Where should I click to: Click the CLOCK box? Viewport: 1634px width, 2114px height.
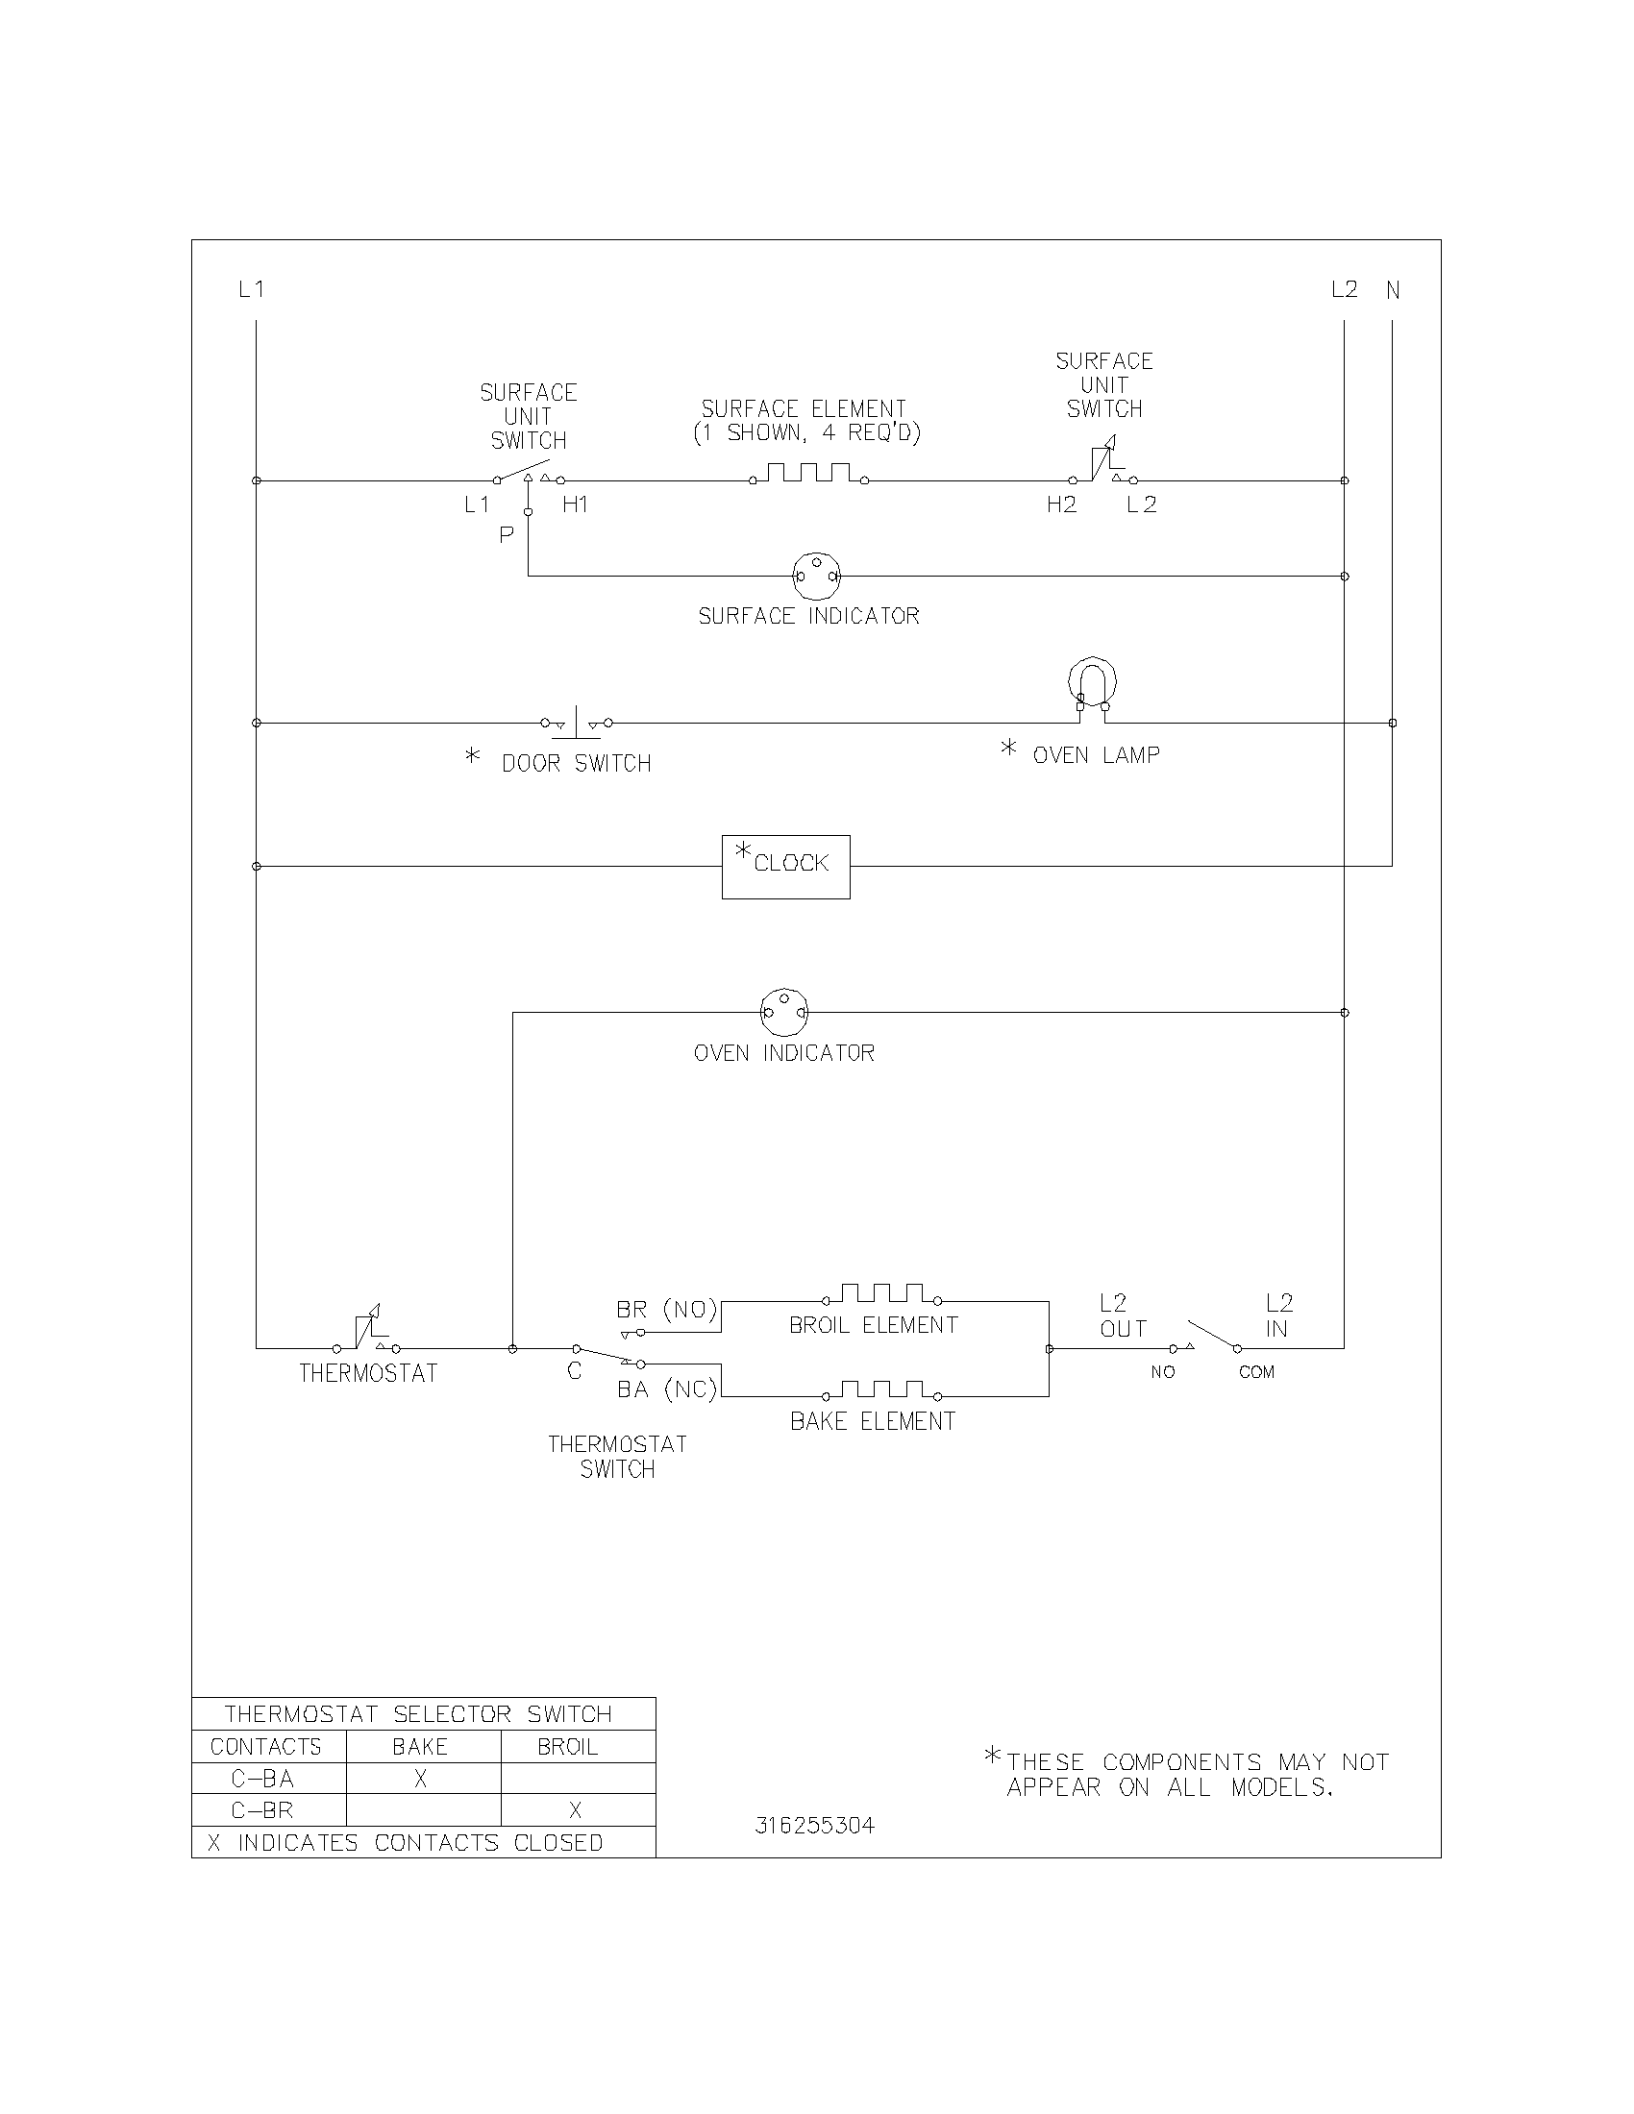click(x=785, y=867)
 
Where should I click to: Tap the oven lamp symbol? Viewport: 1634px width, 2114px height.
click(x=1092, y=686)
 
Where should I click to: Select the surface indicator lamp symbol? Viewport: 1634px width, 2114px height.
click(x=817, y=576)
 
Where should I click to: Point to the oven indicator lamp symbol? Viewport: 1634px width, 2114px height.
click(x=784, y=1013)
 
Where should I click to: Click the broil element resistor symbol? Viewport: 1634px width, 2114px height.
click(x=880, y=1294)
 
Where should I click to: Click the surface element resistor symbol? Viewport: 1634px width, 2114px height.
click(x=808, y=474)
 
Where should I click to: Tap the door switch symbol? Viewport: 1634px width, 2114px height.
click(x=576, y=723)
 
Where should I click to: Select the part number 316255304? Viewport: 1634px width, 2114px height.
click(x=814, y=1826)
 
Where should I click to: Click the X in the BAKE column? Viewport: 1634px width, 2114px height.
click(x=420, y=1778)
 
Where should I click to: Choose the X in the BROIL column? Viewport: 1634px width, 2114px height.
click(x=575, y=1810)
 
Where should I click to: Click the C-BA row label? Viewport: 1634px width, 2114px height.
click(x=262, y=1778)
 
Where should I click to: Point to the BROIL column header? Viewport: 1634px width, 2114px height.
click(x=567, y=1746)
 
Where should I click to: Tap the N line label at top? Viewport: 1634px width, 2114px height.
click(x=1393, y=289)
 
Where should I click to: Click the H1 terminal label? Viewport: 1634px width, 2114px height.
click(x=575, y=504)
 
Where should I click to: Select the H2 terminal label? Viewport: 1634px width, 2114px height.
click(x=1061, y=504)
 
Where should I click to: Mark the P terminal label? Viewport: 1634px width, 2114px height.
click(x=507, y=534)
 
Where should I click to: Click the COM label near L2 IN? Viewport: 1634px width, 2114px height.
click(x=1256, y=1371)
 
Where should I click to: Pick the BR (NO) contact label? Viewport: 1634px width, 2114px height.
click(x=667, y=1310)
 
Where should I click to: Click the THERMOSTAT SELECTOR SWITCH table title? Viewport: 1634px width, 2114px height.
click(x=418, y=1714)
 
